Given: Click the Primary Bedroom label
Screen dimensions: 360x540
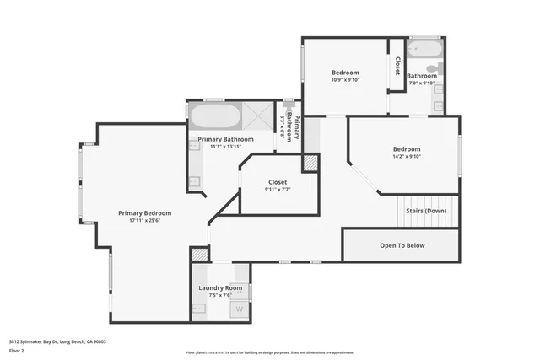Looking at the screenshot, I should [x=144, y=213].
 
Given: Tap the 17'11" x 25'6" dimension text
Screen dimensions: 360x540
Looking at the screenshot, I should [x=144, y=222].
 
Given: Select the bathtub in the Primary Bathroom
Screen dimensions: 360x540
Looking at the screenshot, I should [x=214, y=115].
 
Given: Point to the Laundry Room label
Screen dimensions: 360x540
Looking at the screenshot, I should [x=220, y=287].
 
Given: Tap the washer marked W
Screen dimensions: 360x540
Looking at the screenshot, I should [x=239, y=309].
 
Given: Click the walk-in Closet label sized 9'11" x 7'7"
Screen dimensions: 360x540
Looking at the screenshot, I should [x=277, y=182].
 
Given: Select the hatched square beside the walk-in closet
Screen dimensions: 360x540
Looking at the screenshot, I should [x=310, y=162].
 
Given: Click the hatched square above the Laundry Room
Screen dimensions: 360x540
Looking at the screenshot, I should [x=199, y=254].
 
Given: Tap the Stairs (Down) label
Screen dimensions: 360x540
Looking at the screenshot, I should [x=426, y=210].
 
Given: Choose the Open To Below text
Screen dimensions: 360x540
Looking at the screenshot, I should [x=402, y=245].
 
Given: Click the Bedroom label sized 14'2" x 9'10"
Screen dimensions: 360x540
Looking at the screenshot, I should [x=406, y=149].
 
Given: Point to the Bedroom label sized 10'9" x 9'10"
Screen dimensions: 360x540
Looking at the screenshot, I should [x=344, y=73].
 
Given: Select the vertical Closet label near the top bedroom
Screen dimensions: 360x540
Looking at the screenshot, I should [x=396, y=65].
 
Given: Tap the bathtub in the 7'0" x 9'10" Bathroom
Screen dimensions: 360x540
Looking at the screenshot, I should [x=420, y=48].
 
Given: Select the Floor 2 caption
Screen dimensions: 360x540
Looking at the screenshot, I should [x=17, y=350].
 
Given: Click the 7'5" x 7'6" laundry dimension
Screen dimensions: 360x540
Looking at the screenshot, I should [x=220, y=295].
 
